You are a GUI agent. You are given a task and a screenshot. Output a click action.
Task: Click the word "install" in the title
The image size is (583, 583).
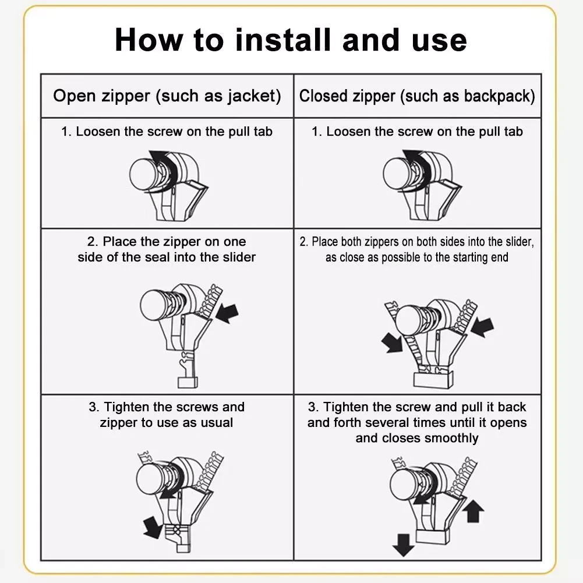coord(283,40)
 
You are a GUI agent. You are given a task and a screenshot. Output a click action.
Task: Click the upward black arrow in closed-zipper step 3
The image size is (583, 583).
coord(473,511)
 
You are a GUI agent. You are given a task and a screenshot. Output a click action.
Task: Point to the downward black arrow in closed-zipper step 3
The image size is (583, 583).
coord(404,545)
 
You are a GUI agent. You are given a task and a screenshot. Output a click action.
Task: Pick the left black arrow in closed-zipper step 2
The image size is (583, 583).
coord(392,342)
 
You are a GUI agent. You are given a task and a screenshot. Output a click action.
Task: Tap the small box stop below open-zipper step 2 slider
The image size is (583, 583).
coord(188,383)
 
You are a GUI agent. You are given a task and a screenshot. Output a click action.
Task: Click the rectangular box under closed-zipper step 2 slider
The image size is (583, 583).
coord(433,380)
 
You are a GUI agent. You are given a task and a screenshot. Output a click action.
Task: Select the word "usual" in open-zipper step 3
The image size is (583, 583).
coord(217,422)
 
